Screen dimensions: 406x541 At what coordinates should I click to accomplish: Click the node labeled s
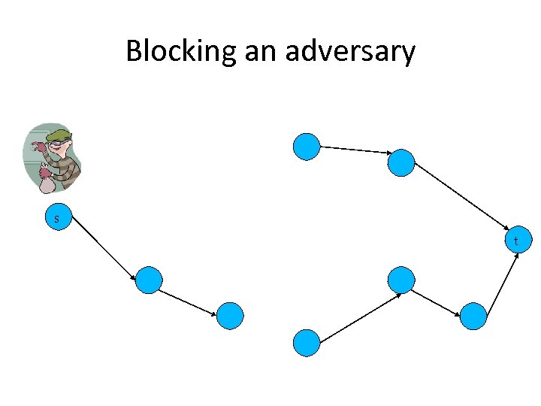56,219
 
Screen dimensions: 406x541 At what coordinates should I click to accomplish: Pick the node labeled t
516,241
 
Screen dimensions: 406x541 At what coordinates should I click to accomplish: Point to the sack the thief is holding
47,180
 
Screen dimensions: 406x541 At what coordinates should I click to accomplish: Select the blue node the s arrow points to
150,280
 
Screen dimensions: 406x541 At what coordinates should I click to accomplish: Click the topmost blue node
307,147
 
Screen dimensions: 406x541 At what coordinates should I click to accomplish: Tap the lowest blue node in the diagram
307,342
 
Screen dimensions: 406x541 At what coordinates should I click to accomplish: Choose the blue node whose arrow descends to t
401,162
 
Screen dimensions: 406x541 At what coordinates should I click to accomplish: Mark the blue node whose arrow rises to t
473,316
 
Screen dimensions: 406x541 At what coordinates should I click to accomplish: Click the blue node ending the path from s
231,316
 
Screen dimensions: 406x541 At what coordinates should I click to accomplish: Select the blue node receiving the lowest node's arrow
401,280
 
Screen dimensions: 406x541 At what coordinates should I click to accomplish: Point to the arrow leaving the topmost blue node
353,150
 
